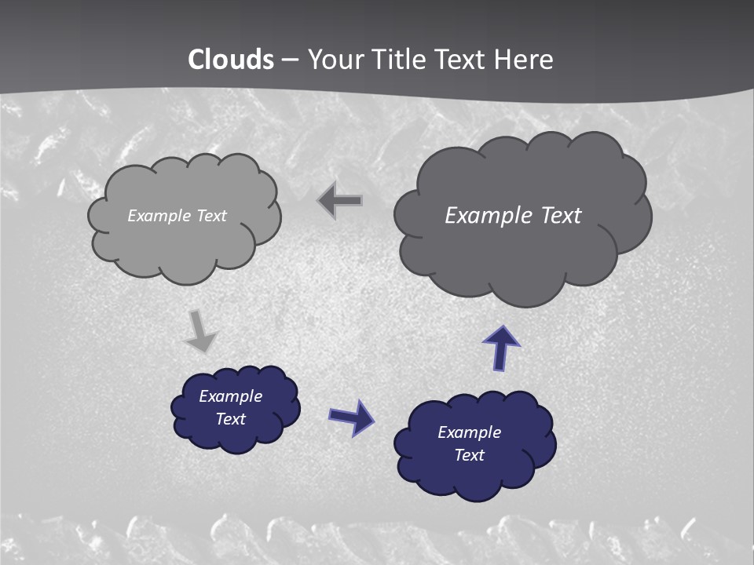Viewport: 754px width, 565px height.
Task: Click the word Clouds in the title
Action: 231,60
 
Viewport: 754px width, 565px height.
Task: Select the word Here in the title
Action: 523,60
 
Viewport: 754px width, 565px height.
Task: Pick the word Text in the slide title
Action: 463,60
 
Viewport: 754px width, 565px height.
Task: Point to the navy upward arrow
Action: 501,348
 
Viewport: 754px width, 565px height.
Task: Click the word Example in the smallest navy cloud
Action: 231,396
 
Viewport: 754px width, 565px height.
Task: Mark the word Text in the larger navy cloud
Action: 469,455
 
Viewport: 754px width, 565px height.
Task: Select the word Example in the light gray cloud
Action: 160,216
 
